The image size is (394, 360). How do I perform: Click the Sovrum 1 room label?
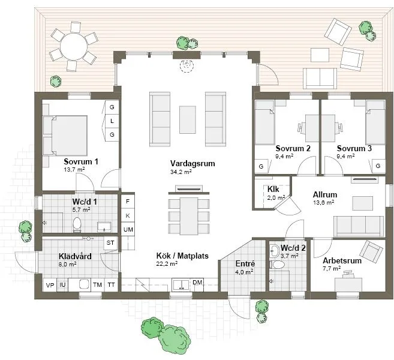tap(81, 161)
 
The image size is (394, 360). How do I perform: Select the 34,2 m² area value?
tap(181, 172)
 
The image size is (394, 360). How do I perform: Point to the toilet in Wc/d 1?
tap(77, 224)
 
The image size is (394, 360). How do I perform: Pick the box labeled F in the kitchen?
tap(128, 202)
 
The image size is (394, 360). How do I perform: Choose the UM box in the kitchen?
tap(128, 230)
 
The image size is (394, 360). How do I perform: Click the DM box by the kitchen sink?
tap(198, 283)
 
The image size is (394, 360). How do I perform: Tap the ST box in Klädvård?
tap(110, 242)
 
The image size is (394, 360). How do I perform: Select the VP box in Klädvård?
tap(49, 285)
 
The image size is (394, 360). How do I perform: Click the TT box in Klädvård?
tap(111, 285)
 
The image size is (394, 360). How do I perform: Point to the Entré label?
tap(245, 263)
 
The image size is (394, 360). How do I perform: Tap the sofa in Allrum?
tap(358, 225)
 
